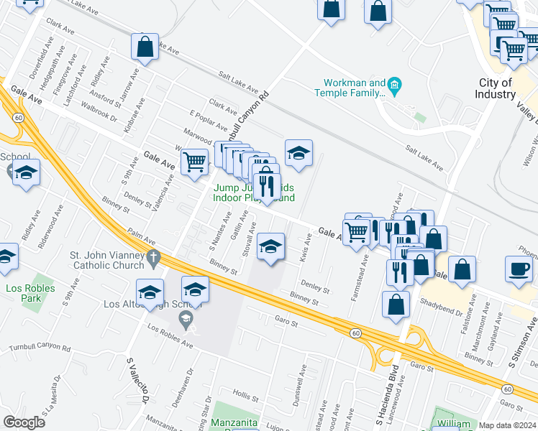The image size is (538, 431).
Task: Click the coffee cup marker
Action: [519, 269]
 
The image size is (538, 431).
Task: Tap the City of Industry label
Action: [495, 89]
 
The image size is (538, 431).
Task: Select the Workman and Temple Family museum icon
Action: [395, 88]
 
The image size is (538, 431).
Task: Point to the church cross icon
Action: [152, 256]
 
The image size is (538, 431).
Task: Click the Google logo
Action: [24, 422]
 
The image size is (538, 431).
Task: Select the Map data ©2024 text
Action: [507, 425]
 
